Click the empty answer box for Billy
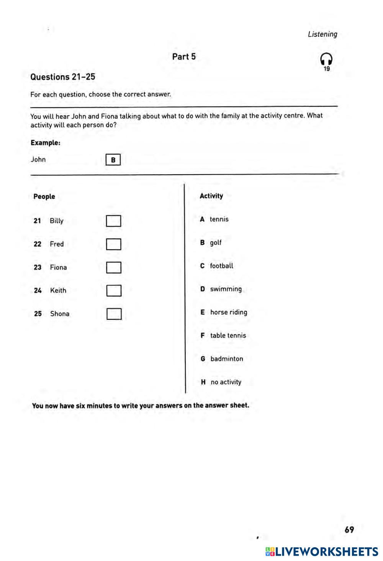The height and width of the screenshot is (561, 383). [113, 221]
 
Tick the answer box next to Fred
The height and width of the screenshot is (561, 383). [113, 244]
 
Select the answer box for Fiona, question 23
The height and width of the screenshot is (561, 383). [114, 267]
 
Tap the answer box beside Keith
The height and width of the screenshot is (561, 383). [114, 291]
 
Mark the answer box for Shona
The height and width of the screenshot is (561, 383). [114, 314]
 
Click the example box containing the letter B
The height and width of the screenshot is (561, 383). [113, 160]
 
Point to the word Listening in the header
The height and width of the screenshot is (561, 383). [322, 34]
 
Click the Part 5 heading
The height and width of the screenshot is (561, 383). [184, 57]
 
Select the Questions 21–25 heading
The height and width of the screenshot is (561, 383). [63, 77]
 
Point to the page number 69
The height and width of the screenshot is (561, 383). [349, 530]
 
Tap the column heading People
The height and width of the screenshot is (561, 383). [44, 196]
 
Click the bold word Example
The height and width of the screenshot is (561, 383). [45, 143]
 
